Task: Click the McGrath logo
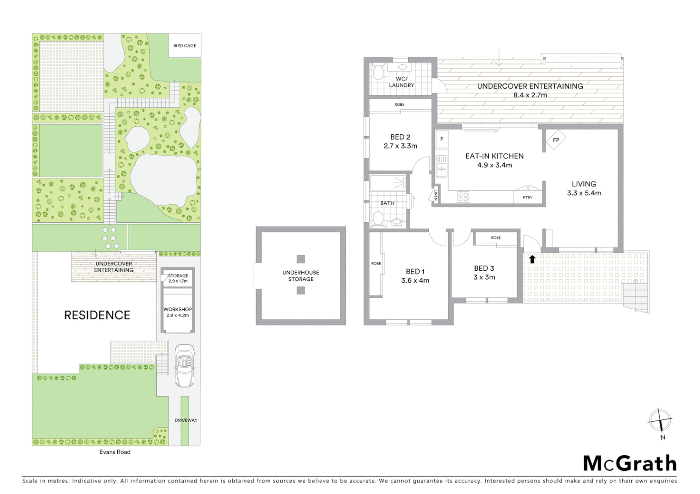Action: click(x=629, y=463)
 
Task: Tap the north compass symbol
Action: click(x=660, y=419)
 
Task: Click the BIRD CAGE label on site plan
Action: click(x=185, y=46)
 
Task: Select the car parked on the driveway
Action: click(x=184, y=366)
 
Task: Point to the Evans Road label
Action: click(x=115, y=452)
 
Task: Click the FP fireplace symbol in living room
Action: click(x=556, y=140)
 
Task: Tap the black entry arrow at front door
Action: click(x=532, y=259)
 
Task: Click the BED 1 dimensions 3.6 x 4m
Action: click(x=415, y=281)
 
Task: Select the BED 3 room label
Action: click(x=484, y=268)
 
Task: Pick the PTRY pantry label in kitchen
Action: click(x=527, y=198)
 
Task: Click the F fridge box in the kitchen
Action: click(x=442, y=139)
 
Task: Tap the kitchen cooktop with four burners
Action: click(x=463, y=197)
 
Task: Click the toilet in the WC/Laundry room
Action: click(x=378, y=73)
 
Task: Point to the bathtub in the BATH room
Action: click(x=388, y=183)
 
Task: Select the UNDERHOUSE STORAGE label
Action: click(x=301, y=276)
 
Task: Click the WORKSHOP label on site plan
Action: click(x=178, y=310)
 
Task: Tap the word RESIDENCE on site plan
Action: click(x=97, y=315)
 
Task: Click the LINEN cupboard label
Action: click(x=436, y=195)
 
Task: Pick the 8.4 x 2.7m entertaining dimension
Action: click(x=530, y=95)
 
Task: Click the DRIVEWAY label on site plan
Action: click(x=186, y=420)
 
